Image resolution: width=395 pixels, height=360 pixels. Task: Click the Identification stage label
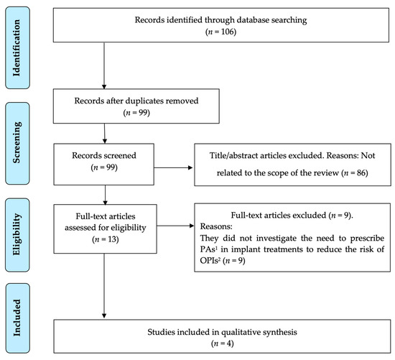(17, 48)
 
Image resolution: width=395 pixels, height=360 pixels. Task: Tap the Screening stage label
(17, 143)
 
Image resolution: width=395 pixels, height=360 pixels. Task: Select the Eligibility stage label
(17, 234)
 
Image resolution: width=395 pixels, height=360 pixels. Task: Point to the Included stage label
(17, 318)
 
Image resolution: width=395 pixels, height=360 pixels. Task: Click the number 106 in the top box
(228, 32)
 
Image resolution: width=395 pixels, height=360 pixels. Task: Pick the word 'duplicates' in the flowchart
(144, 101)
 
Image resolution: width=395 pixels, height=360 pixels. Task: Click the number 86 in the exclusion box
(361, 173)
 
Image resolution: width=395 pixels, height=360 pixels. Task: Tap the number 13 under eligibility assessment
(113, 239)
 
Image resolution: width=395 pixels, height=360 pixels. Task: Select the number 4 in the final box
(230, 343)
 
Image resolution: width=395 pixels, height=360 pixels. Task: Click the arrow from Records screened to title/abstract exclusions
(173, 167)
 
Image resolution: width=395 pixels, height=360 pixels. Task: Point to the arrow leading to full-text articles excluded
(175, 226)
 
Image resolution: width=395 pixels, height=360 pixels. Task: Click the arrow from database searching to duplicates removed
(104, 65)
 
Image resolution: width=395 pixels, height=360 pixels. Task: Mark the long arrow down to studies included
(104, 286)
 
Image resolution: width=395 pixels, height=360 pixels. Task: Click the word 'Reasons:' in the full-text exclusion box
(216, 226)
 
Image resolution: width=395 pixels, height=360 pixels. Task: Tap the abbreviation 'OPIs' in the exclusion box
(210, 260)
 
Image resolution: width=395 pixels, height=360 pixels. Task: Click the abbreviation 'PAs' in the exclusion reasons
(208, 249)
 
